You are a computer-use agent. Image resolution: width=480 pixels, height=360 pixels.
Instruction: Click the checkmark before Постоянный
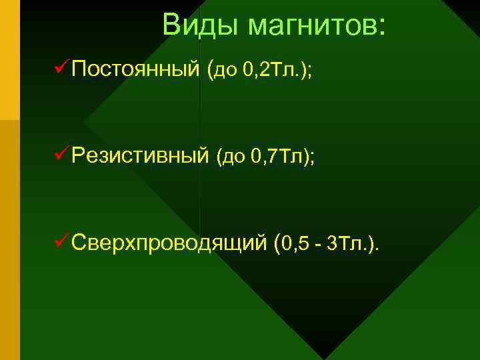[x=59, y=67]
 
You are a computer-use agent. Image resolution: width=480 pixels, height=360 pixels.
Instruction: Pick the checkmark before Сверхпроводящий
[x=59, y=242]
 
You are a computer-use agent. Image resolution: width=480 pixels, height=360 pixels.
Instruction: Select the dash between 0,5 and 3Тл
[x=319, y=245]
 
